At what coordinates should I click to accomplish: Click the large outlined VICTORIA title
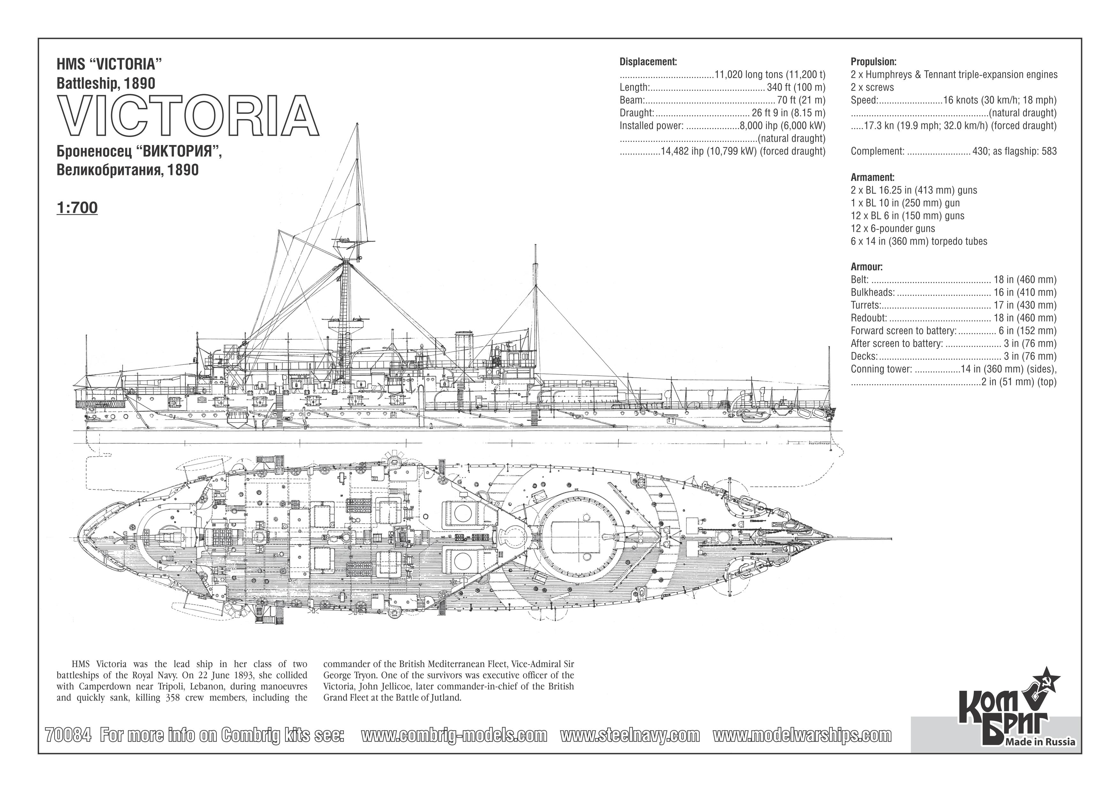pos(188,116)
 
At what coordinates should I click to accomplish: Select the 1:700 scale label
pos(77,208)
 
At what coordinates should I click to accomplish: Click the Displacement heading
pos(648,62)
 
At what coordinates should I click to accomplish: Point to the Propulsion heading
pos(873,62)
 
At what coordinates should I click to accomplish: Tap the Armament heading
pos(872,178)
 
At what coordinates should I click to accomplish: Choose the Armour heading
pos(866,267)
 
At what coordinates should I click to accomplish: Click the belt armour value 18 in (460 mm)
pos(1025,280)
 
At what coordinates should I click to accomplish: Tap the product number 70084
pos(68,735)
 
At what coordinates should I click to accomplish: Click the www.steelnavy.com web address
pos(630,735)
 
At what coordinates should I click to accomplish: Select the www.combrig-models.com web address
pos(454,735)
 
